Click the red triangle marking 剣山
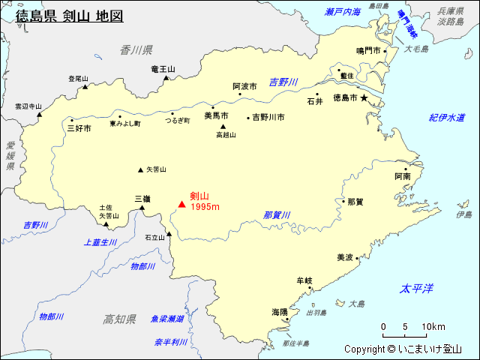[x=181, y=203]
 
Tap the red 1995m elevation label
[x=205, y=207]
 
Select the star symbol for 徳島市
[x=364, y=98]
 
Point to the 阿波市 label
[x=244, y=87]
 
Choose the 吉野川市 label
[x=268, y=117]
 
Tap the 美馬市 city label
[x=216, y=115]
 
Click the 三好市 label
[x=79, y=128]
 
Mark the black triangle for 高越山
[x=223, y=127]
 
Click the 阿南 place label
[x=402, y=176]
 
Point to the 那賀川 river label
[x=277, y=215]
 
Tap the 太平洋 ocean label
[x=417, y=289]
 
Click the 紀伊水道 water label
[x=447, y=118]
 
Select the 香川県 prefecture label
[x=136, y=49]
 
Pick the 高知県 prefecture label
[x=119, y=319]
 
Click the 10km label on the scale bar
[x=433, y=327]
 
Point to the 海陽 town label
[x=279, y=311]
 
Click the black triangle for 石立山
[x=169, y=233]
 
